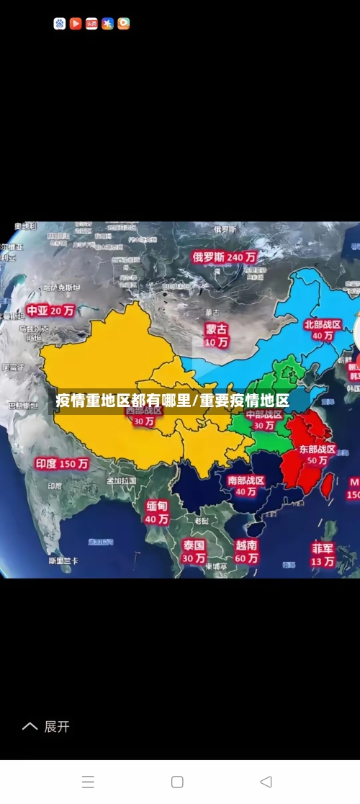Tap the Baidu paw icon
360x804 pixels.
pos(60,24)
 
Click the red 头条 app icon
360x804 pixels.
pos(91,24)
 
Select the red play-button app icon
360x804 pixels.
pos(76,24)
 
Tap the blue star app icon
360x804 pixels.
pos(107,24)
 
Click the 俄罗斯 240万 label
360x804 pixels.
pos(224,256)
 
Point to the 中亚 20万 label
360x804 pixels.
pos(50,311)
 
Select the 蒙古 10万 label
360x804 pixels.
pos(216,335)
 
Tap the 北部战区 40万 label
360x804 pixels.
pos(322,330)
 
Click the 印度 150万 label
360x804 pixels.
pos(62,464)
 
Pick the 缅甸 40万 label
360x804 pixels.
pos(157,512)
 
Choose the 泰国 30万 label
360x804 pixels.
pos(194,551)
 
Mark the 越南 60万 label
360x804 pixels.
pos(246,551)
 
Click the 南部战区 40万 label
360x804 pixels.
pos(246,486)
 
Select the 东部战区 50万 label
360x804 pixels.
pos(318,455)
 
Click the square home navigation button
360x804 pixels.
pos(177,782)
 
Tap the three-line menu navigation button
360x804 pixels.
pos(88,782)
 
